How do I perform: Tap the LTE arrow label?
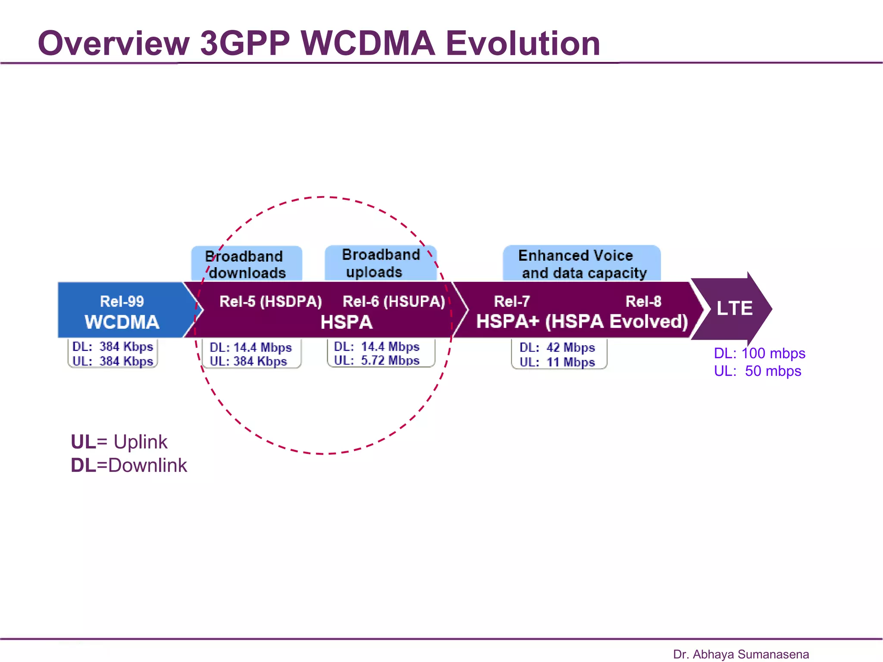coord(734,309)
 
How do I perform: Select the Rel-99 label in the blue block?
coord(122,301)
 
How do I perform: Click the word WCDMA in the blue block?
coord(122,322)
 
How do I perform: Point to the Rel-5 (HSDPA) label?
coord(271,301)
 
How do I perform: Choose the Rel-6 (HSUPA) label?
coord(394,301)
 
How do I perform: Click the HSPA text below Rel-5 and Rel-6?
coord(347,322)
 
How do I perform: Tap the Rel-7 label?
coord(512,301)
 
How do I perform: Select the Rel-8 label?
coord(643,301)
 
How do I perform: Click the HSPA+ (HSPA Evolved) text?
coord(582,322)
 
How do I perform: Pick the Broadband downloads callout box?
coord(246,264)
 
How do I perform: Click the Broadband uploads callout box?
coord(380,263)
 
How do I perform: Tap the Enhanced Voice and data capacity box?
coord(581,264)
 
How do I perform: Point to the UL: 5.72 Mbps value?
coord(377,360)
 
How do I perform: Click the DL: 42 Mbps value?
coord(557,347)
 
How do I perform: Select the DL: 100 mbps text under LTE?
coord(759,353)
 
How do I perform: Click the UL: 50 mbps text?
coord(758,371)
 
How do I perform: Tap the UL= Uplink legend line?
coord(119,442)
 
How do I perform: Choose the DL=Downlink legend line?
coord(129,465)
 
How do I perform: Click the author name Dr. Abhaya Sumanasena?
coord(741,654)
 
